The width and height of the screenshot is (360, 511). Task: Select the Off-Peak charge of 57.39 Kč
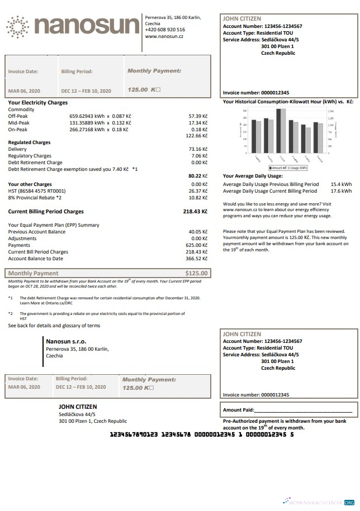[198, 116]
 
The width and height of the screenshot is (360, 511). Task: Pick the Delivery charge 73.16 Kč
[198, 149]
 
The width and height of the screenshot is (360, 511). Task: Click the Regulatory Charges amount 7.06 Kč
[199, 156]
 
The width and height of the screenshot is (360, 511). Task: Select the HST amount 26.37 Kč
[198, 190]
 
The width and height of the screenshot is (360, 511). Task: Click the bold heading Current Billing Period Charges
[46, 212]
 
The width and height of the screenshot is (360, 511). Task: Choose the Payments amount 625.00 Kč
[197, 245]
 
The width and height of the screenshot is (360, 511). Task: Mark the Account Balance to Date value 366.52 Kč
[197, 259]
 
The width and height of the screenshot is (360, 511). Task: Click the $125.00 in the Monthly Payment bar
[196, 274]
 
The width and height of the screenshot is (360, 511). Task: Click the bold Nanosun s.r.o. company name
[66, 341]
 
